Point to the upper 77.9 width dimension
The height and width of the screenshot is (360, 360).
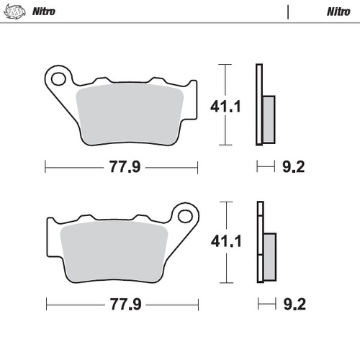point(123,168)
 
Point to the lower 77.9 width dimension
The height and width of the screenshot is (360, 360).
point(123,304)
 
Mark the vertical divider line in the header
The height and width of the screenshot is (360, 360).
point(288,12)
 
